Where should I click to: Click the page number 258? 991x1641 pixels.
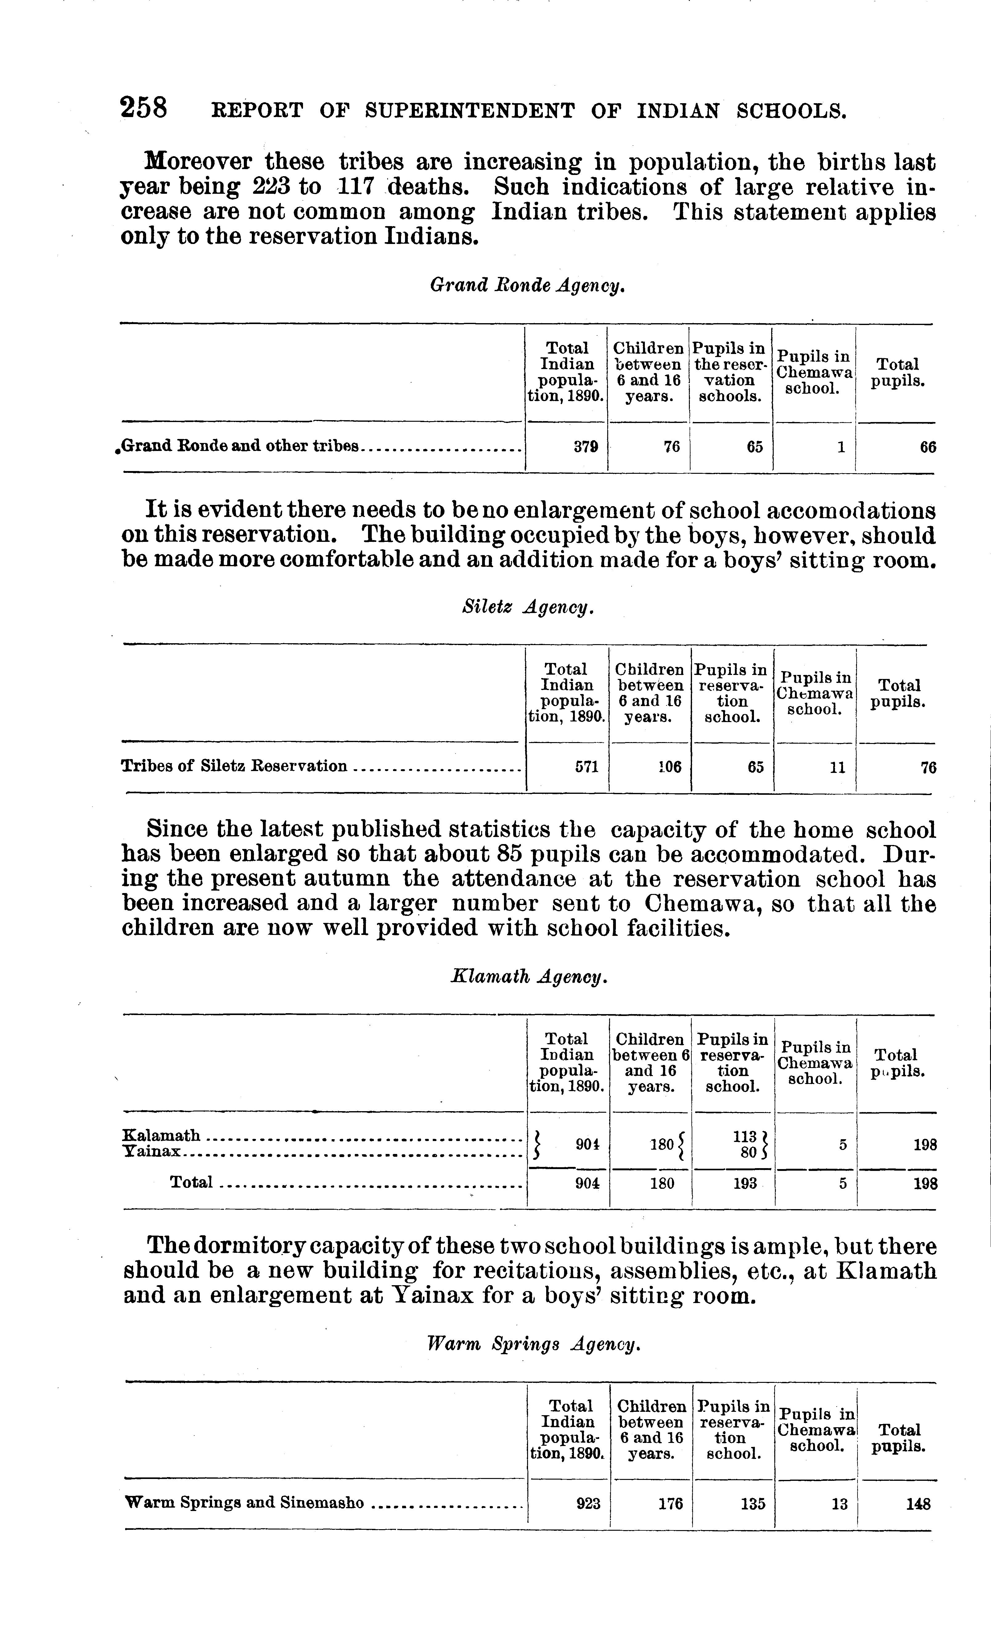pyautogui.click(x=143, y=108)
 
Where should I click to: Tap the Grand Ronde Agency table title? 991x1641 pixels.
pyautogui.click(x=527, y=286)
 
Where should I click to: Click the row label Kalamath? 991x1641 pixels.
pyautogui.click(x=162, y=1135)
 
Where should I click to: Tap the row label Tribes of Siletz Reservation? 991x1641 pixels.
pyautogui.click(x=234, y=766)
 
